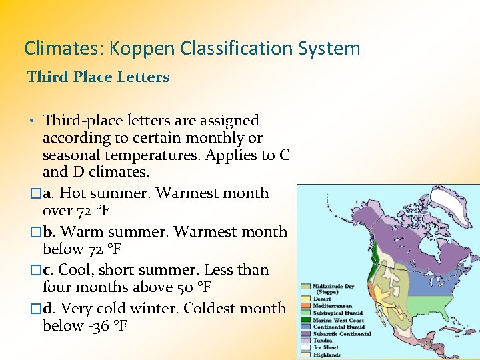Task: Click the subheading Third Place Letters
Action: pyautogui.click(x=98, y=77)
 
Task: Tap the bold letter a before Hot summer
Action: pyautogui.click(x=47, y=193)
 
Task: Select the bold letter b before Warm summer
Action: pyautogui.click(x=47, y=232)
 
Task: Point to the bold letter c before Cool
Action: pyautogui.click(x=47, y=270)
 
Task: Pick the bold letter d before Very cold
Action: pyautogui.click(x=47, y=309)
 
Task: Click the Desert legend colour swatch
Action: pyautogui.click(x=305, y=299)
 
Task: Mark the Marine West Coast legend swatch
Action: pyautogui.click(x=305, y=320)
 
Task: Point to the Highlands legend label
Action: pyautogui.click(x=327, y=355)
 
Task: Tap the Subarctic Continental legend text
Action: pyautogui.click(x=342, y=334)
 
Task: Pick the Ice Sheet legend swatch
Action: pyautogui.click(x=305, y=347)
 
